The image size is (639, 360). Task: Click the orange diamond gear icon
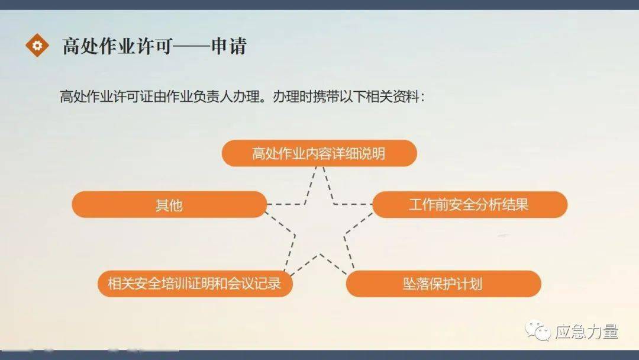(37, 45)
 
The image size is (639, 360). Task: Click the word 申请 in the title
(228, 46)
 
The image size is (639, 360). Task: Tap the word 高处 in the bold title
(80, 46)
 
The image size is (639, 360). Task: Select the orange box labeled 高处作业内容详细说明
(319, 153)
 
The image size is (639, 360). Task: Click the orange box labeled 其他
(169, 205)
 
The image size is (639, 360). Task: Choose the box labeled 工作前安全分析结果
(470, 205)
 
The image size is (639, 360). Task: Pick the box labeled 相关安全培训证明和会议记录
(195, 284)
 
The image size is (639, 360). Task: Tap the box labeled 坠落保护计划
(443, 284)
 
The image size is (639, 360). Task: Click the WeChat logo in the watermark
(537, 330)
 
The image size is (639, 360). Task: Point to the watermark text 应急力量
(586, 332)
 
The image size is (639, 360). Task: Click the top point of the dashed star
(319, 167)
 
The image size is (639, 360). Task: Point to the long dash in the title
(192, 46)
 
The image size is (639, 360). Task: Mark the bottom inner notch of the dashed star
(320, 255)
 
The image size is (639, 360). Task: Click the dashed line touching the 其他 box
(286, 204)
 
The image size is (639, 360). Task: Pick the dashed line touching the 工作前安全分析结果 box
(353, 204)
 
